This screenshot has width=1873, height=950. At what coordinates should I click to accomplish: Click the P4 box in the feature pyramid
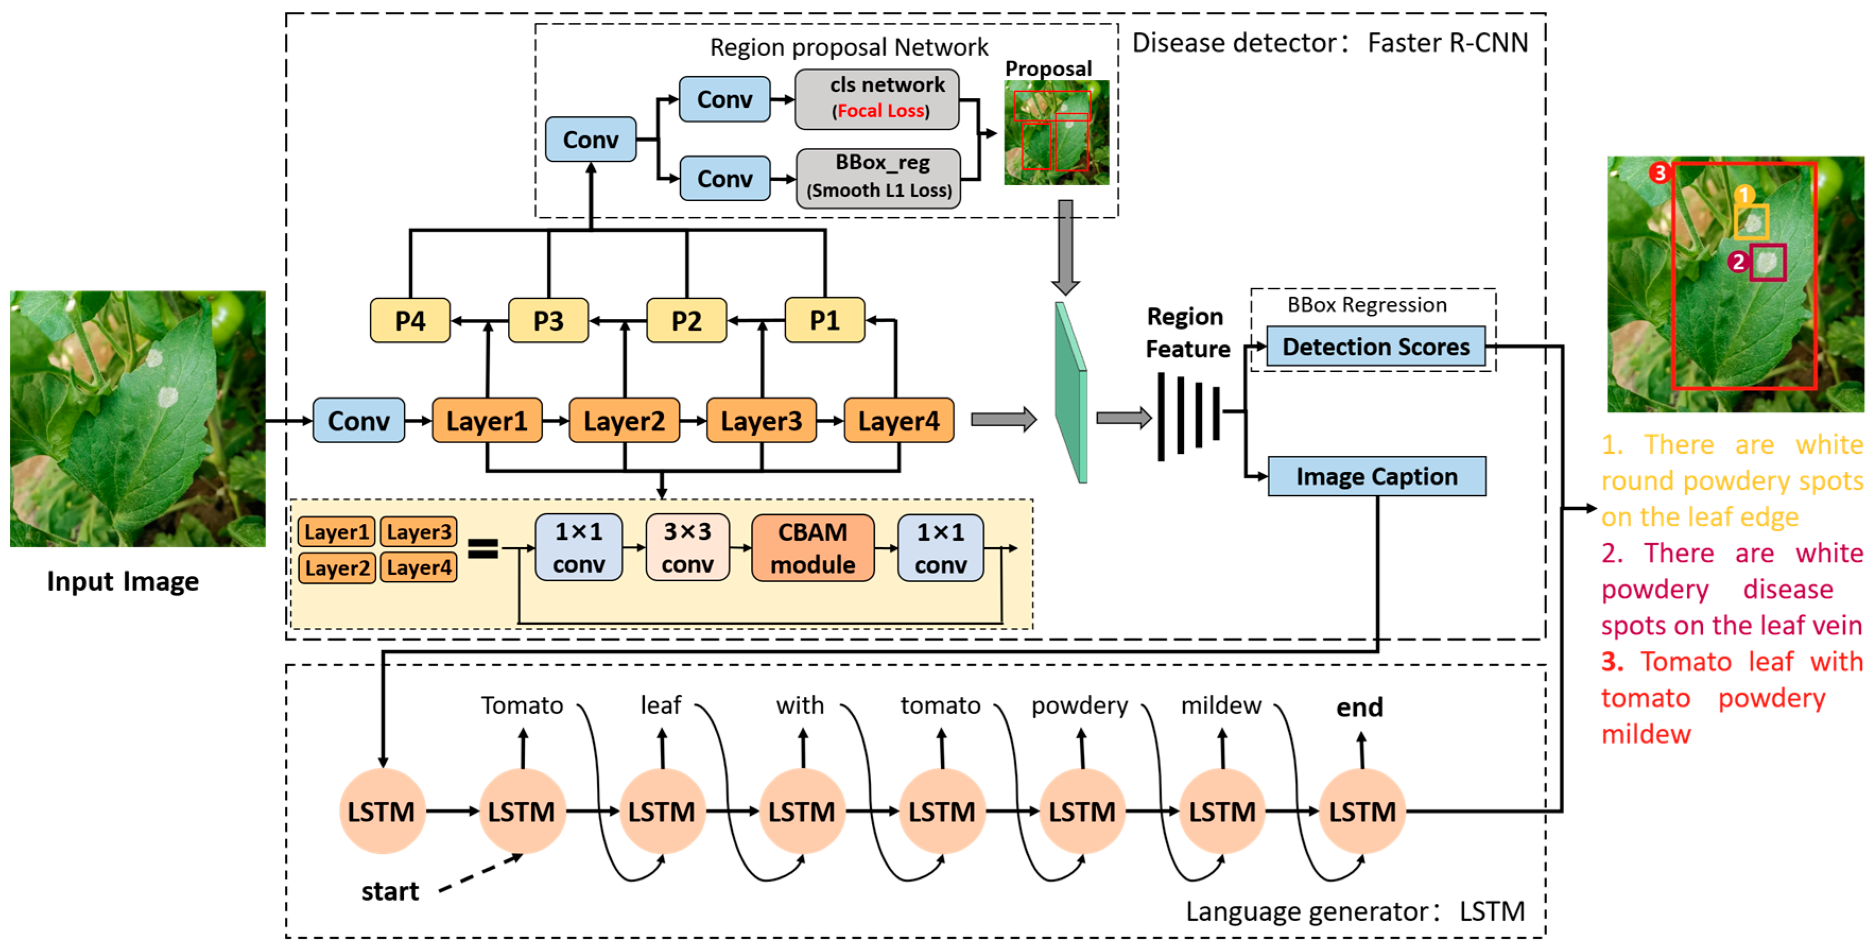tap(410, 320)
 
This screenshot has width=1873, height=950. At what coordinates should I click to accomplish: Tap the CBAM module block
tap(812, 548)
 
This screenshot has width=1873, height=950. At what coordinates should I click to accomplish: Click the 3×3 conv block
tap(687, 548)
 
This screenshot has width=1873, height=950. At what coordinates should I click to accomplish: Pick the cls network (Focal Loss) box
tap(877, 99)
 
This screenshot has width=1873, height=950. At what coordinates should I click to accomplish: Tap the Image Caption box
tap(1376, 477)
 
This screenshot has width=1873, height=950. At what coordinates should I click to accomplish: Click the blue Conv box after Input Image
tap(359, 420)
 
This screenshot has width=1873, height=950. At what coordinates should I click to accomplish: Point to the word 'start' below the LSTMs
tap(390, 891)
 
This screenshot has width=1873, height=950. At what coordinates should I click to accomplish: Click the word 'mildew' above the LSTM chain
tap(1221, 705)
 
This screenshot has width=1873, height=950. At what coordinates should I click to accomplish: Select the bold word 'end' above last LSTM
tap(1359, 707)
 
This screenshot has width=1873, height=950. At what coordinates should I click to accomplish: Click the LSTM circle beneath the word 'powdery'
tap(1081, 811)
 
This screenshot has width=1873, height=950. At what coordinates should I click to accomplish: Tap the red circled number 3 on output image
tap(1659, 173)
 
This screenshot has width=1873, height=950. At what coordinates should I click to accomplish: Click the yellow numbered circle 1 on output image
tap(1744, 195)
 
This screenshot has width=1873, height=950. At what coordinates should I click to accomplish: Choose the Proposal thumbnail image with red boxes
tap(1056, 132)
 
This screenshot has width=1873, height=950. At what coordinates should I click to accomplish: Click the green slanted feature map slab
tap(1071, 393)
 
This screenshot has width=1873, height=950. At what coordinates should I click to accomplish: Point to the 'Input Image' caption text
tap(123, 581)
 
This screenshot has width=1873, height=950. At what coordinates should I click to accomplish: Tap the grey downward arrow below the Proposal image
tap(1065, 247)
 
